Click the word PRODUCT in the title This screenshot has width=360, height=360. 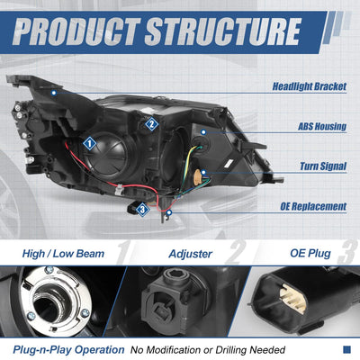point(76,31)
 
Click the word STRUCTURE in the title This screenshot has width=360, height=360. point(222,31)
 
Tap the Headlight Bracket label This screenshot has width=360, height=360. point(310,86)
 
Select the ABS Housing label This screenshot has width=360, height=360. point(322,126)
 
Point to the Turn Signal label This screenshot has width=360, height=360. point(323,166)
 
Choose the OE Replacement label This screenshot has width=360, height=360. point(313,206)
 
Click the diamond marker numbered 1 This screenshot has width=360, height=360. point(89,144)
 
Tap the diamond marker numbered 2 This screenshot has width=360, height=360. point(151,124)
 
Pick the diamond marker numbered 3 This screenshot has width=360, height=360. point(142,209)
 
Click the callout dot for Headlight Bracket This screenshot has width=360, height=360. point(54,93)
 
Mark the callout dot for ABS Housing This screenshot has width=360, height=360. point(203,132)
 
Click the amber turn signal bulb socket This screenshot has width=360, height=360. point(198,175)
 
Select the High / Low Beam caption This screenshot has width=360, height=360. point(63,254)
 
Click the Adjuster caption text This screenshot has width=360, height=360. point(191,254)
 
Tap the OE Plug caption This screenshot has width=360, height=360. point(310,254)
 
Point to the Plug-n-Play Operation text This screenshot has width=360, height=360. point(68,350)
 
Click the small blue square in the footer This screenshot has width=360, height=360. point(346,349)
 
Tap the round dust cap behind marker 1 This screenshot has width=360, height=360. point(109,156)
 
